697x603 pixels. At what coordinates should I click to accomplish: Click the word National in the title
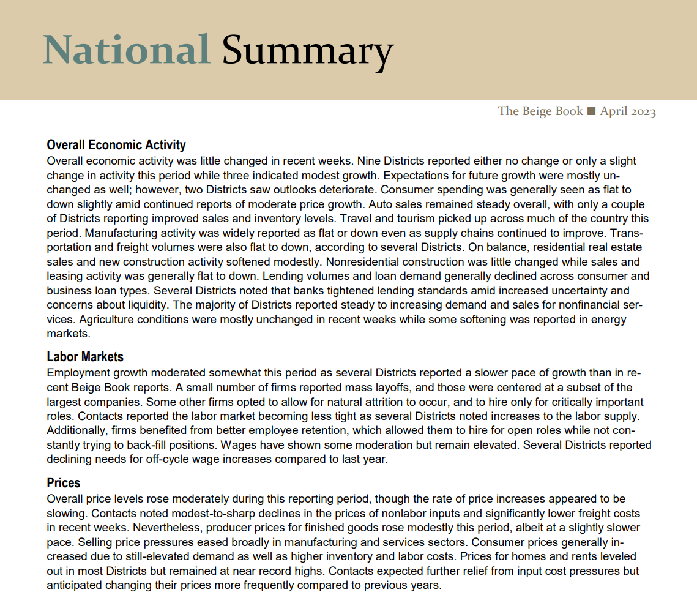(x=126, y=49)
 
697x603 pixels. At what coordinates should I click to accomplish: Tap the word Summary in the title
(x=307, y=50)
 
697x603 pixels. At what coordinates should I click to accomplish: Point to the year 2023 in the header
(x=641, y=111)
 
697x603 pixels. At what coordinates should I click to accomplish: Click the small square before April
(x=591, y=111)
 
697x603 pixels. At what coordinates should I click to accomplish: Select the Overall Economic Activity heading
(x=116, y=146)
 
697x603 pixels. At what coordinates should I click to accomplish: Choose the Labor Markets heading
(x=85, y=357)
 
